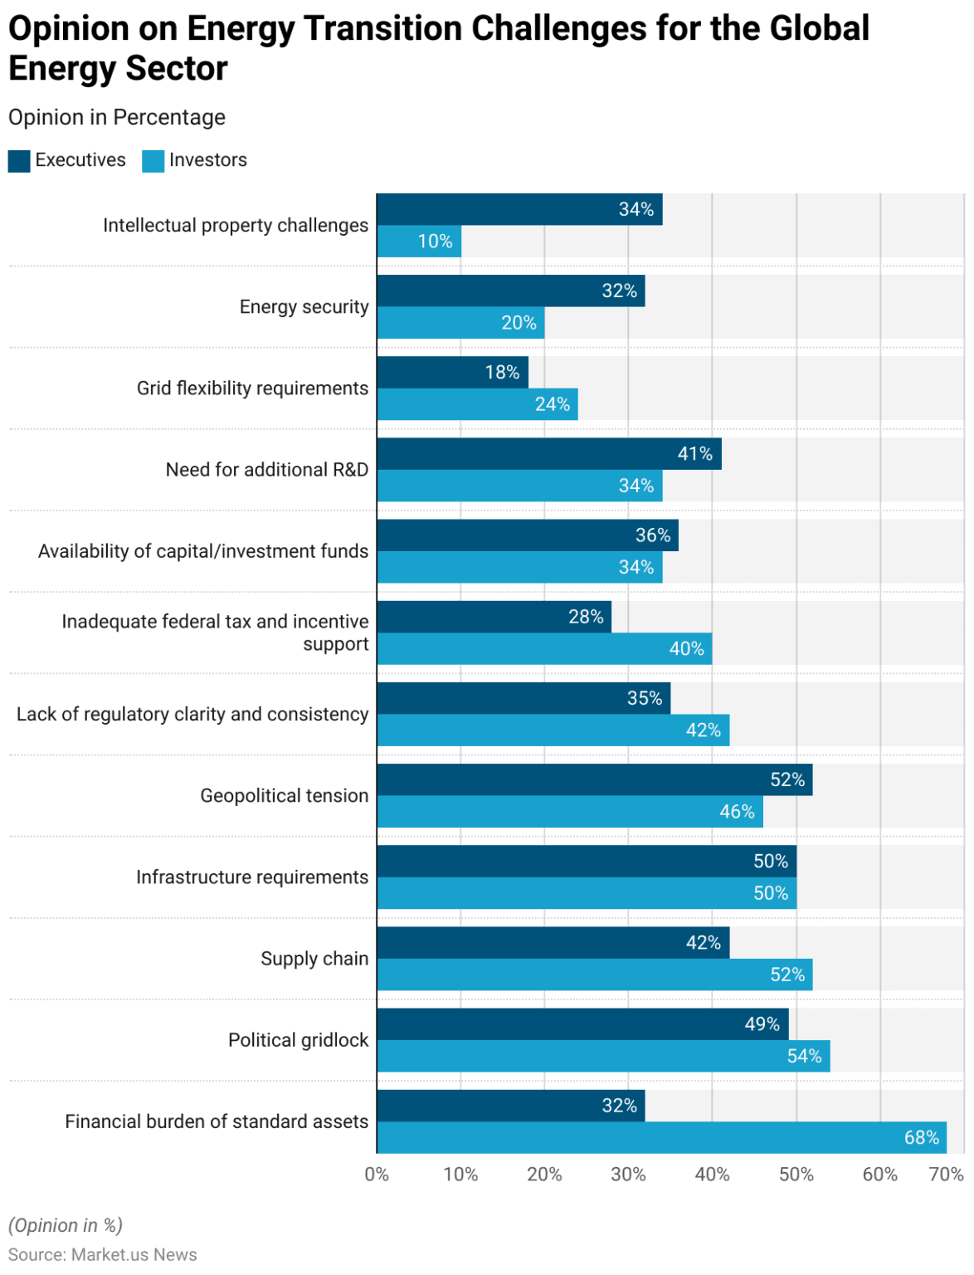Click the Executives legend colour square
pyautogui.click(x=19, y=161)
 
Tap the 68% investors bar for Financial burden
pyautogui.click(x=661, y=1137)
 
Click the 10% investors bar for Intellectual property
pyautogui.click(x=419, y=242)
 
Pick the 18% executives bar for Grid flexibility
pyautogui.click(x=452, y=372)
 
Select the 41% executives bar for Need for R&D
pyautogui.click(x=548, y=453)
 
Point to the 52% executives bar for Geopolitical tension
pyautogui.click(x=594, y=779)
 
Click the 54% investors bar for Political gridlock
pyautogui.click(x=603, y=1056)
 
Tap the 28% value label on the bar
pyautogui.click(x=586, y=617)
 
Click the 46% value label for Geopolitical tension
pyautogui.click(x=737, y=812)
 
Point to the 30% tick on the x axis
pyautogui.click(x=628, y=1175)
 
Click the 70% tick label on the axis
pyautogui.click(x=946, y=1175)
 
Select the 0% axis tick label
pyautogui.click(x=377, y=1175)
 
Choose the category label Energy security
pyautogui.click(x=304, y=307)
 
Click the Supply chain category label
pyautogui.click(x=314, y=959)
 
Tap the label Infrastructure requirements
pyautogui.click(x=252, y=877)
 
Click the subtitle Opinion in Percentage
pyautogui.click(x=117, y=118)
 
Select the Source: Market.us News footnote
pyautogui.click(x=103, y=1254)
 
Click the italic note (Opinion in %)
pyautogui.click(x=66, y=1225)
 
